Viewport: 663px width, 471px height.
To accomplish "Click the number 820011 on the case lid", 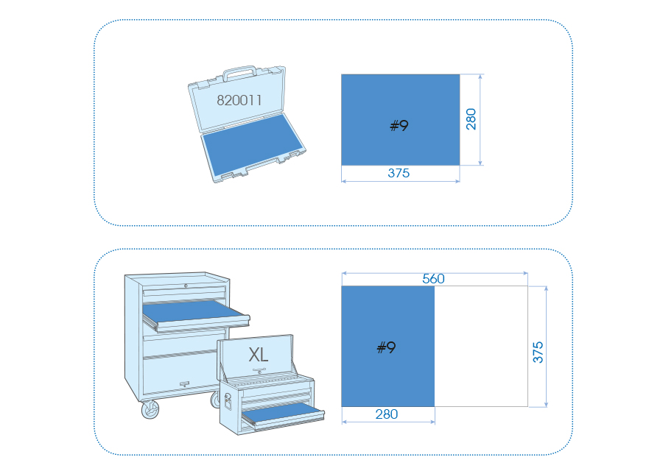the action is click(x=239, y=100).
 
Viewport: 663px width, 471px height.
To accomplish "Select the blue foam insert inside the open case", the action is click(x=253, y=144).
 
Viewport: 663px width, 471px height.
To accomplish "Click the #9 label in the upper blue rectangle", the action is click(x=399, y=125).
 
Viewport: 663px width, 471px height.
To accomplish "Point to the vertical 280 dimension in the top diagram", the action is click(x=471, y=119).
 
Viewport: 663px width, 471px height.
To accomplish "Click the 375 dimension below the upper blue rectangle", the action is click(x=399, y=173).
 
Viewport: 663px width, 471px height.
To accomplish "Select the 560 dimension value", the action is click(x=433, y=279).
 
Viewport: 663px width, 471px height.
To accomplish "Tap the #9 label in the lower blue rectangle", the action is click(x=387, y=347).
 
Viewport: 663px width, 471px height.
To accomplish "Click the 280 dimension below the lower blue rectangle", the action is click(x=387, y=414).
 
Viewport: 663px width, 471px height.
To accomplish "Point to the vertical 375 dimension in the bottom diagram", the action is click(x=538, y=353).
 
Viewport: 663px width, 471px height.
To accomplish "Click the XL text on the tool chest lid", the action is click(x=259, y=355).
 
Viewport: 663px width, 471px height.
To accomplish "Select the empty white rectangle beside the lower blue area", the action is click(x=481, y=347).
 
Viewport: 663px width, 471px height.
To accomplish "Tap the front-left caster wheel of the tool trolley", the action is click(x=150, y=409).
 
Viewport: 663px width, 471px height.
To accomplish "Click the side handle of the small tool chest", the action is click(x=228, y=402).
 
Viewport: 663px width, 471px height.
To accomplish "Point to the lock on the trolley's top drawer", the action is click(x=186, y=286).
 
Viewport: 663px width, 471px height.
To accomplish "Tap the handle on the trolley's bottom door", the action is click(x=184, y=384).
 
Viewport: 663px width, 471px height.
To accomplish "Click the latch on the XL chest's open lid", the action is click(x=259, y=371).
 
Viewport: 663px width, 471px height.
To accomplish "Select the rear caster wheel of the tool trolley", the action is click(x=216, y=400).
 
